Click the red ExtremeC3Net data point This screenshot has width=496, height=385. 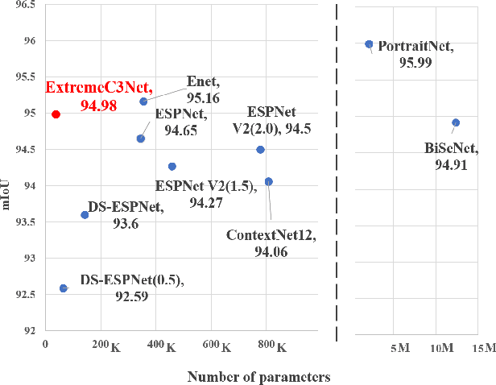pos(56,114)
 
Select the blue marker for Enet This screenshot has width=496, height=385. pos(143,101)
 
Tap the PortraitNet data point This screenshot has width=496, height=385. pos(369,44)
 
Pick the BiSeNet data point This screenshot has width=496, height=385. pos(456,122)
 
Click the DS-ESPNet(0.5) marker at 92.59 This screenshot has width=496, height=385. pos(64,288)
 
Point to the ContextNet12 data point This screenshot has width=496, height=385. pos(268,181)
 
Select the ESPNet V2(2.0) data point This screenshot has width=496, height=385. pos(260,149)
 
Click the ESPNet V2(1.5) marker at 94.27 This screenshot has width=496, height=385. pos(172,166)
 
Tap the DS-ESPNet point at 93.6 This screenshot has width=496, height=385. pos(85,214)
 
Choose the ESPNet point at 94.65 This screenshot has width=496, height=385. pos(141,139)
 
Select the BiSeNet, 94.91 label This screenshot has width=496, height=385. pos(451,155)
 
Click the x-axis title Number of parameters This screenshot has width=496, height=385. pos(258,376)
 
